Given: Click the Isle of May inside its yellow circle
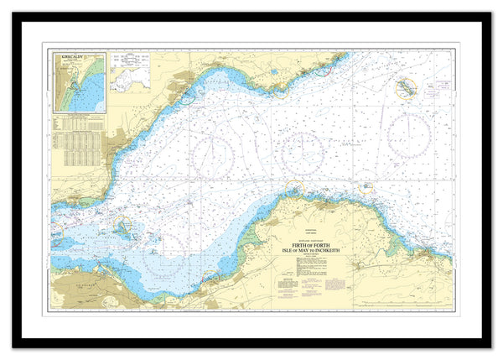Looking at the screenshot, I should [x=406, y=87].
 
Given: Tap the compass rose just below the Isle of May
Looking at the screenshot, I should [x=409, y=133].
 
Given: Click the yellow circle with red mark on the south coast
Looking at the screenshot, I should [x=366, y=188].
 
